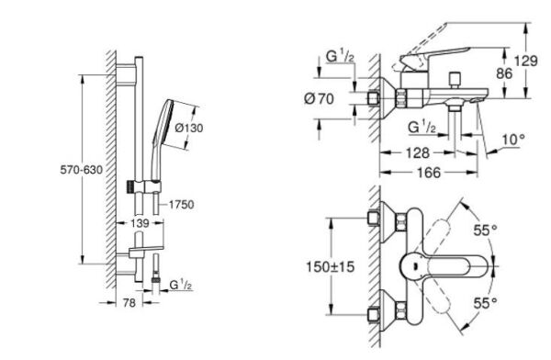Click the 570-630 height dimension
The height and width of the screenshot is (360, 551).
81,170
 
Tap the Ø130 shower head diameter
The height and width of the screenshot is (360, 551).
188,128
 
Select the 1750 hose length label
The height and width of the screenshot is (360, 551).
181,205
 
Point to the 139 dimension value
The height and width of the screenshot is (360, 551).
140,223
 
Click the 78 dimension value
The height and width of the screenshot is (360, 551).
129,303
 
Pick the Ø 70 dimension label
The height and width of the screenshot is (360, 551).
319,99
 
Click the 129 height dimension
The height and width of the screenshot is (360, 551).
525,62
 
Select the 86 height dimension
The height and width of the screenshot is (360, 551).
504,73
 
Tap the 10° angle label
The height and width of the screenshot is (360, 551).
513,140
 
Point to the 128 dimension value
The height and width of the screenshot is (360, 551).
418,153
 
